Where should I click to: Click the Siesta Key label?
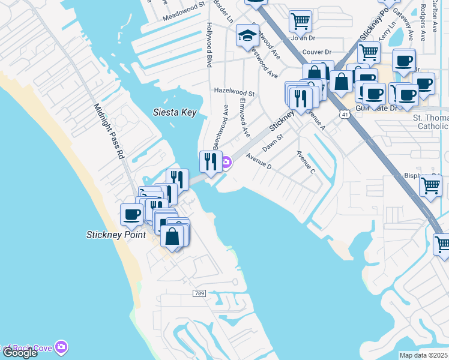point(175,112)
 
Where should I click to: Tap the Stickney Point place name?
point(116,235)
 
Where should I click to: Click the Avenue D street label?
point(259,162)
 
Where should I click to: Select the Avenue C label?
point(306,163)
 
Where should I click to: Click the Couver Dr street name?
point(318,52)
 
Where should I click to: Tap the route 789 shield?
point(200,293)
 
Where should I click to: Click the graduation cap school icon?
point(247,36)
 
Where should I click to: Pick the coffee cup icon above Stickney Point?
point(132,214)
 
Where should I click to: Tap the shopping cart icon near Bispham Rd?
point(430,185)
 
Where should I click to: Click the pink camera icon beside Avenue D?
point(226,162)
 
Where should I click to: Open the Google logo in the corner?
point(19,353)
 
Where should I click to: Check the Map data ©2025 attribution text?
point(423,355)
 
